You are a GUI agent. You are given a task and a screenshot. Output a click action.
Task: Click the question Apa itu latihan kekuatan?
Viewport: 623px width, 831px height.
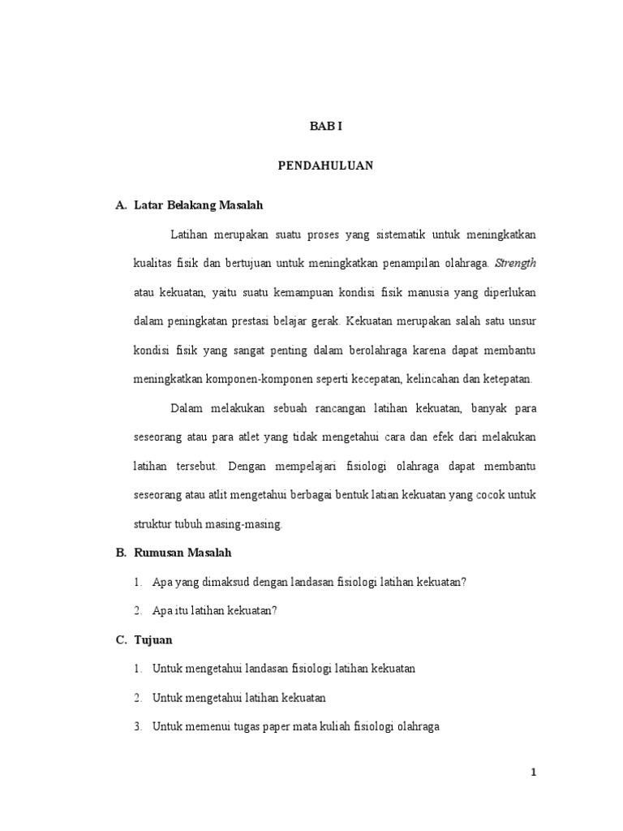coord(215,611)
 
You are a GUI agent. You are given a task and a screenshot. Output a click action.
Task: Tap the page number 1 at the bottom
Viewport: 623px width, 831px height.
coord(533,772)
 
